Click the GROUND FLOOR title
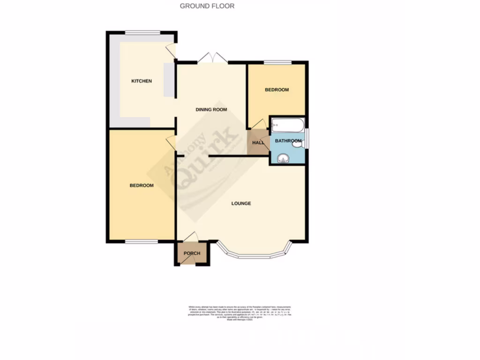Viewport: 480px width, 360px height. point(207,6)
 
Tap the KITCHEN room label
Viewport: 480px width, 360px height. point(142,81)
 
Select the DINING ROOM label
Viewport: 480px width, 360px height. point(211,110)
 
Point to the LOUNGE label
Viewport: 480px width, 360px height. point(241,203)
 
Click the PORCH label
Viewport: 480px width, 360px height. point(192,254)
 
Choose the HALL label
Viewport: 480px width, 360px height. point(258,142)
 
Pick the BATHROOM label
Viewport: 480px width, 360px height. point(288,141)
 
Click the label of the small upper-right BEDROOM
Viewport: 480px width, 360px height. point(277,90)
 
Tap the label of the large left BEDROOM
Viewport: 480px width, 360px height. point(142,186)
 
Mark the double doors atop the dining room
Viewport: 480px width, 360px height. point(212,58)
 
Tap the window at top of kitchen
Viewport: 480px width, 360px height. point(142,32)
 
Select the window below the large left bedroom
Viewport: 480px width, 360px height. point(142,241)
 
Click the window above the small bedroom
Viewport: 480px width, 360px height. point(277,62)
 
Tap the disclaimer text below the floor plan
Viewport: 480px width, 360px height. point(240,313)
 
